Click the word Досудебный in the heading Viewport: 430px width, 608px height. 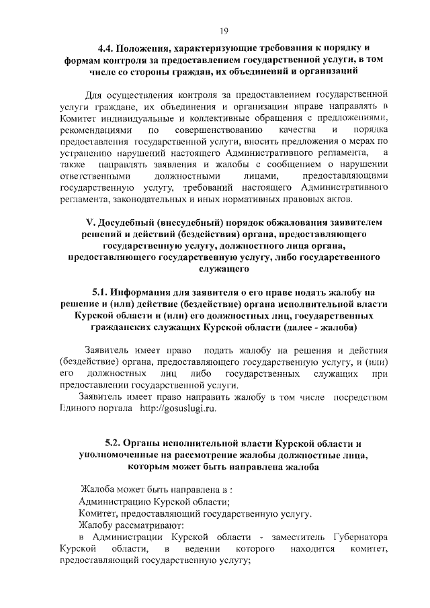(128, 222)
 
